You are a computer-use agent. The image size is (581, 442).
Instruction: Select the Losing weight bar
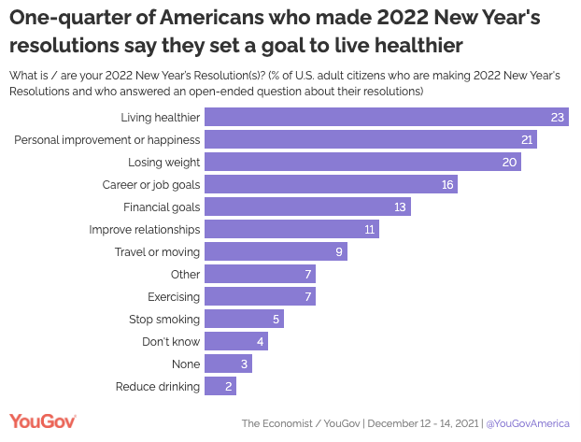[362, 162]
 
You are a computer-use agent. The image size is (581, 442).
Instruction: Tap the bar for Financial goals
[307, 207]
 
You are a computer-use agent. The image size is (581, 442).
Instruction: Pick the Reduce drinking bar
[220, 386]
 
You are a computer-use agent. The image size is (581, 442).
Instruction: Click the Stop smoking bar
[244, 319]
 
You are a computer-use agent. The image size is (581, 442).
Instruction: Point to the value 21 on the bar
[528, 139]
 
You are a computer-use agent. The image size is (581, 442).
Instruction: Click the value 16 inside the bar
[447, 184]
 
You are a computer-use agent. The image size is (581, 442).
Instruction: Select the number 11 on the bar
[369, 229]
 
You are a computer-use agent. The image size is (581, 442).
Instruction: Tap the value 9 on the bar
[339, 251]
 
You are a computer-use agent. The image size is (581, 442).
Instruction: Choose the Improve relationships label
[145, 229]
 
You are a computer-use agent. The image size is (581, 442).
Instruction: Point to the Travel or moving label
[157, 251]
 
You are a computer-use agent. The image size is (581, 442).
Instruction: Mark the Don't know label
[171, 341]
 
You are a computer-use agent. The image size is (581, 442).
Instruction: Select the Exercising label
[174, 296]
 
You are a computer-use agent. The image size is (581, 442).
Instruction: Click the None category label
[186, 364]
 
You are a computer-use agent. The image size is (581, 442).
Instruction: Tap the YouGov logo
[42, 422]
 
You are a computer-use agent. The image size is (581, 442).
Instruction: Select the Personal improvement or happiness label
[107, 139]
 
